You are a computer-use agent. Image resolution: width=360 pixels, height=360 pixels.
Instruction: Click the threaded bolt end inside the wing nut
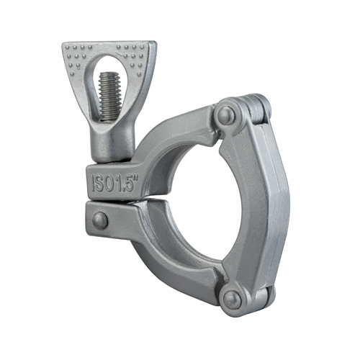110,96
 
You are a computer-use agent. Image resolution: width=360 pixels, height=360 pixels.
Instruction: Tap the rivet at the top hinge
226,115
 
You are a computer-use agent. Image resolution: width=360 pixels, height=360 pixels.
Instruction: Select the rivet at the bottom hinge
232,300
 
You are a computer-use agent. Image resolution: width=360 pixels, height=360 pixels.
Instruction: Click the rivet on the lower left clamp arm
100,221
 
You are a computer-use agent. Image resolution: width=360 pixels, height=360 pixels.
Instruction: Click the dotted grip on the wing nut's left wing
78,58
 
